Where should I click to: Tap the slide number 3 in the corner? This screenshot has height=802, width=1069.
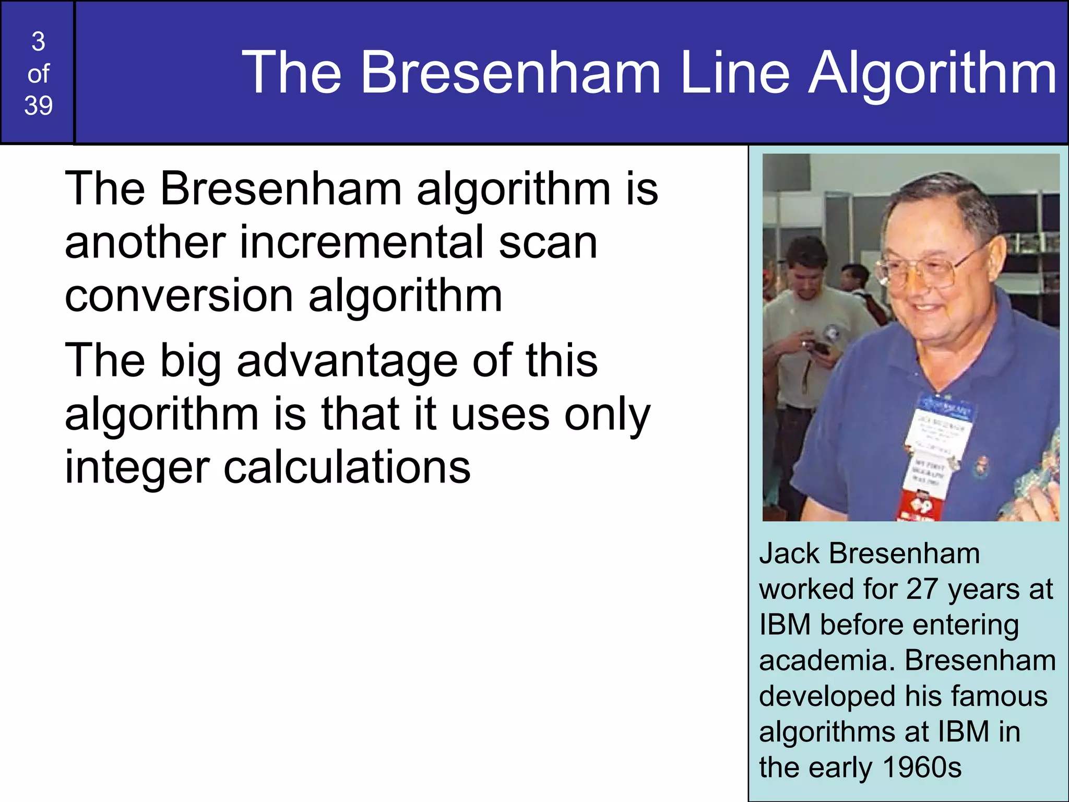pyautogui.click(x=38, y=42)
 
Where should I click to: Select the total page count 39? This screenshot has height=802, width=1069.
pyautogui.click(x=38, y=105)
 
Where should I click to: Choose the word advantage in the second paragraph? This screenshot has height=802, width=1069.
pyautogui.click(x=347, y=361)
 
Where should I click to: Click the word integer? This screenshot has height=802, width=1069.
pyautogui.click(x=137, y=468)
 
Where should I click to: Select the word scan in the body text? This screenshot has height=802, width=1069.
pyautogui.click(x=548, y=243)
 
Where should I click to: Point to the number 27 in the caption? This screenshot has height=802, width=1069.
pyautogui.click(x=923, y=589)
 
